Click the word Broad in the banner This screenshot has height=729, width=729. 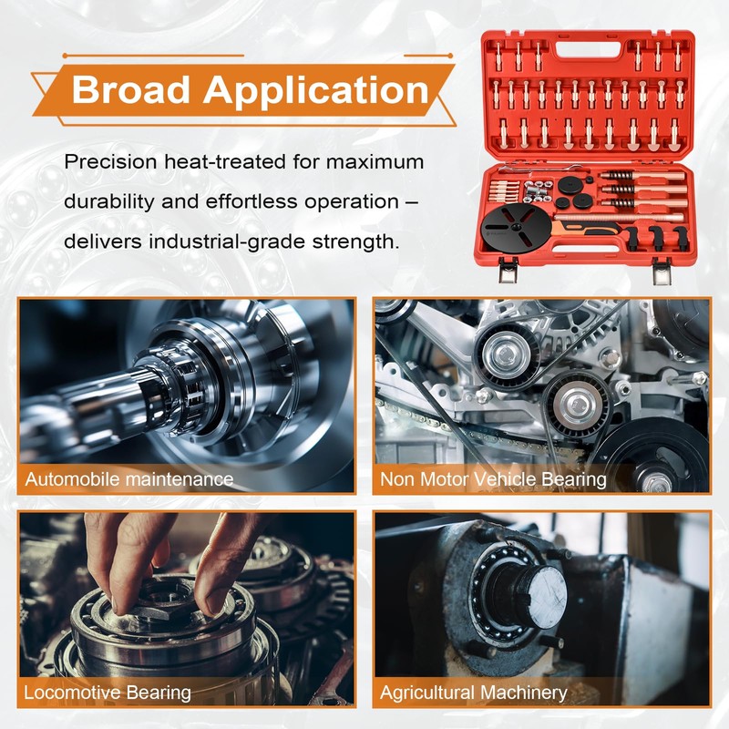(130, 90)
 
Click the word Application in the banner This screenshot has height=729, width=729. (314, 90)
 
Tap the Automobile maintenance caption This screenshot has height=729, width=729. (128, 478)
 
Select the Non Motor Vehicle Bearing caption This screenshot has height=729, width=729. (493, 478)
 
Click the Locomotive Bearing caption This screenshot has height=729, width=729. (108, 693)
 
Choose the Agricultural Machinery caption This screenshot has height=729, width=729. (474, 693)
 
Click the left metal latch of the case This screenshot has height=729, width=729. (507, 271)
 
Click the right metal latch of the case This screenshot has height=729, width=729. (661, 271)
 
